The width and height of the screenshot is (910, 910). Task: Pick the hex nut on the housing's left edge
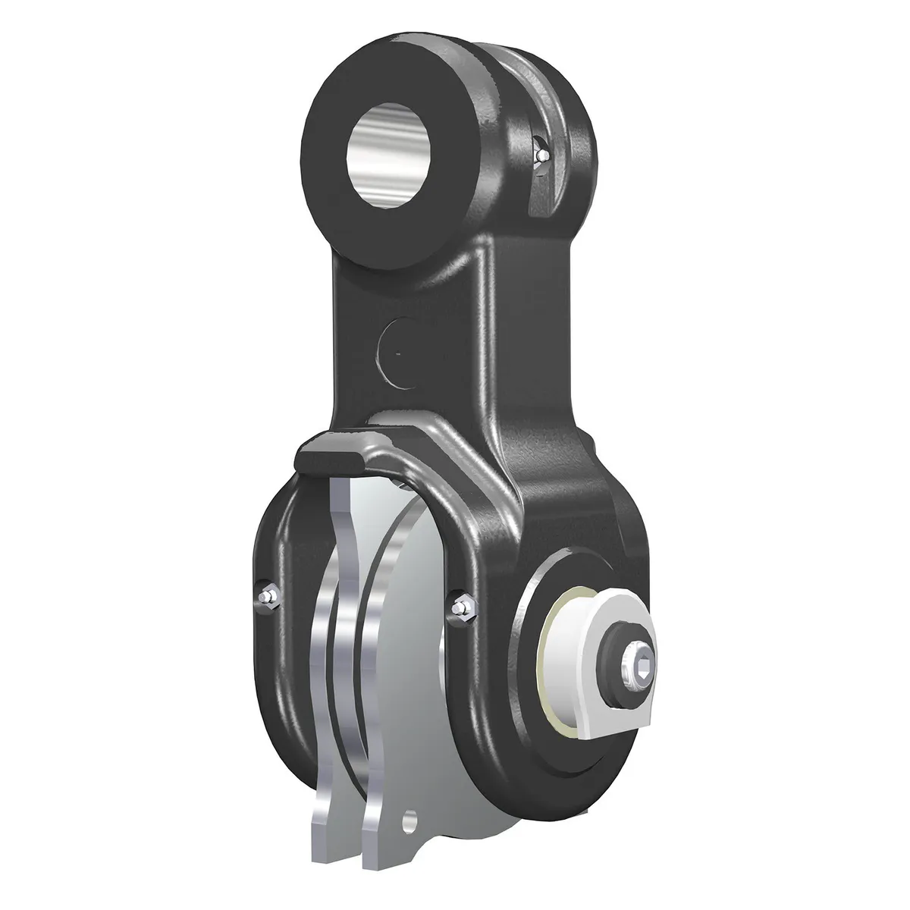pos(265,598)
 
